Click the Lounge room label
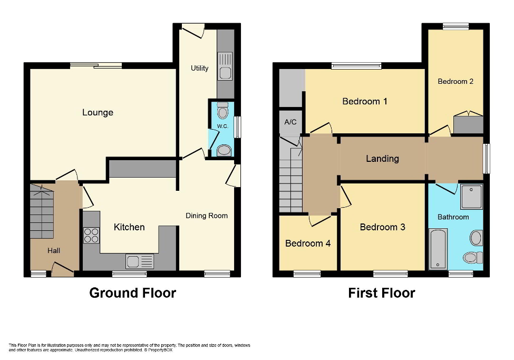click(x=98, y=112)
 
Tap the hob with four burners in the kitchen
click(x=91, y=235)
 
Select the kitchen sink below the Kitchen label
click(x=140, y=261)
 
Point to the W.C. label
click(x=222, y=127)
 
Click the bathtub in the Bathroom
click(x=438, y=249)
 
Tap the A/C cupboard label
click(x=290, y=122)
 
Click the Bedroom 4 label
click(x=308, y=244)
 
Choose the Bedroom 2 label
click(x=455, y=81)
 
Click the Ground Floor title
click(x=132, y=293)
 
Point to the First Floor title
click(x=381, y=293)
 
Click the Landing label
click(x=382, y=159)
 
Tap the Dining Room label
click(x=207, y=216)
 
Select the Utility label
click(x=199, y=68)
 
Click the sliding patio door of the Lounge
click(x=96, y=65)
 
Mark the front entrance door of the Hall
click(x=62, y=271)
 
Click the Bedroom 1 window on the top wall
click(x=356, y=66)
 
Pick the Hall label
click(x=53, y=250)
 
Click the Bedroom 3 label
click(x=382, y=227)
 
